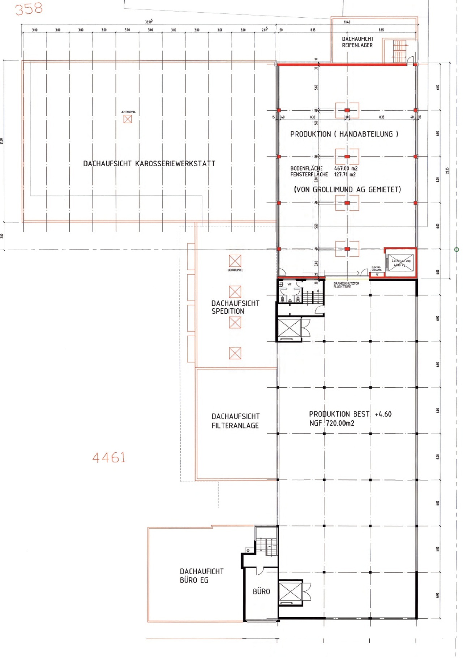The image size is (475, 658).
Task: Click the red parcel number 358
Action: coord(29,9)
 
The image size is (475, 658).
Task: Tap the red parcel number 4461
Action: coord(109,458)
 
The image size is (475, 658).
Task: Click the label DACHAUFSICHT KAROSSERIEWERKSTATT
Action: coord(149,164)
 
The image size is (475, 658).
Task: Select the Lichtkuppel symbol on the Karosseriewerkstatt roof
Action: coord(128,119)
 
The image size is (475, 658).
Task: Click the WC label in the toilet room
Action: coord(289,284)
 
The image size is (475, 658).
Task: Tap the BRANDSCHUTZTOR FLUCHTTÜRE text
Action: coord(346,285)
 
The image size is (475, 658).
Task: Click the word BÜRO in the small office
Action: coord(261,591)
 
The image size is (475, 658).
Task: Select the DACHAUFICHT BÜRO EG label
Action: coord(201,576)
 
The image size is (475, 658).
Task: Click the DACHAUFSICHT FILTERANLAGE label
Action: coord(235,421)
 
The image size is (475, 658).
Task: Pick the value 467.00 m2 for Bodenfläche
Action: coord(346,168)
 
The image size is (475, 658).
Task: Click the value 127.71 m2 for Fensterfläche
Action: coord(345,175)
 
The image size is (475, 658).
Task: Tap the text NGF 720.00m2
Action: coord(331,423)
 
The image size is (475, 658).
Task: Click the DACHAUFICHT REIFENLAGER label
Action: coord(358,42)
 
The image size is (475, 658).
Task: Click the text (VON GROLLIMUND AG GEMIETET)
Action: coord(347,189)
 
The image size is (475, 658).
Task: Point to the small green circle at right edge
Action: coord(456,249)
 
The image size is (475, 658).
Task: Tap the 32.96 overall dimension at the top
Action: coord(149,22)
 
